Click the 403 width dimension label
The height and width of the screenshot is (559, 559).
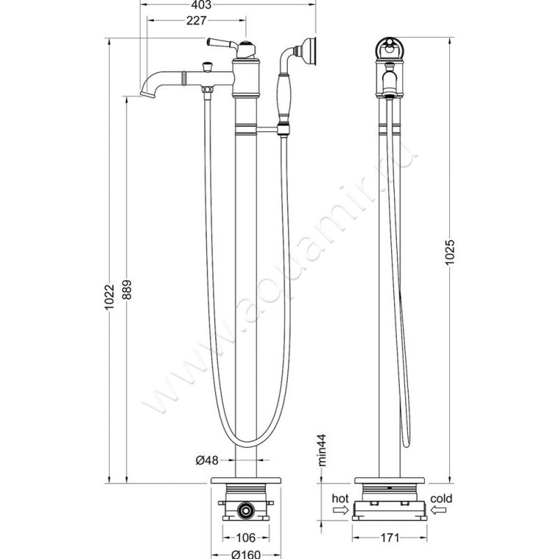[x=201, y=5]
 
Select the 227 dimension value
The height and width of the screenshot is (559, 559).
[x=196, y=20]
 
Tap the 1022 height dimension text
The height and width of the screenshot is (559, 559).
[x=110, y=297]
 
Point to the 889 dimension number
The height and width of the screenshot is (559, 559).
[x=127, y=289]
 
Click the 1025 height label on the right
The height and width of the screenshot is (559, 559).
[x=451, y=252]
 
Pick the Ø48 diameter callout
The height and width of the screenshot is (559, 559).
[x=207, y=460]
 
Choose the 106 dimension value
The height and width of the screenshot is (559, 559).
[x=246, y=537]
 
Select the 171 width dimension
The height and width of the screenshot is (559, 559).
[x=390, y=537]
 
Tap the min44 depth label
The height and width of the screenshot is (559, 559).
[x=322, y=450]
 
